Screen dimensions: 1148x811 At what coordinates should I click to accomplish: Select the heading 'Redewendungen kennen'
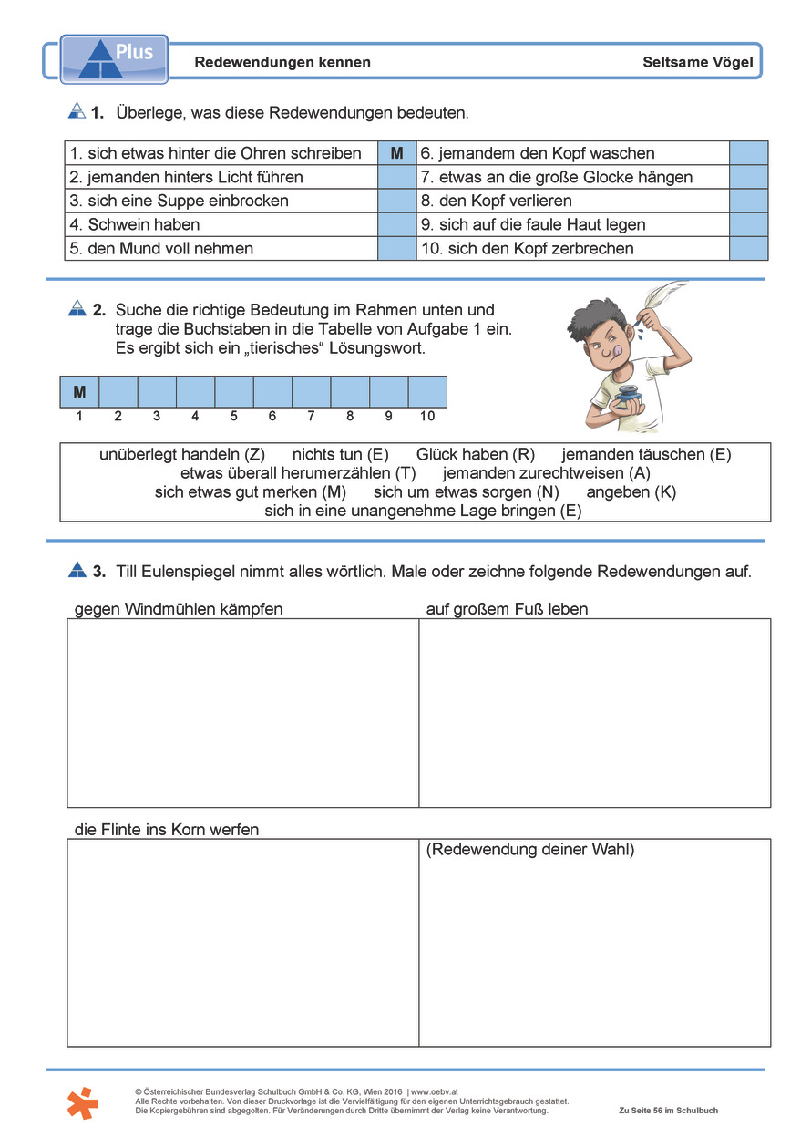[x=282, y=63]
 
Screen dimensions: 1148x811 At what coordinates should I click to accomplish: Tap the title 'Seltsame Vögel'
[x=697, y=63]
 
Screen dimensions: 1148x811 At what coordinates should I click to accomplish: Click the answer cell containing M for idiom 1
[x=396, y=153]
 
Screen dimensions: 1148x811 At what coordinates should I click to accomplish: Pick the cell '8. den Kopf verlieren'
[x=573, y=201]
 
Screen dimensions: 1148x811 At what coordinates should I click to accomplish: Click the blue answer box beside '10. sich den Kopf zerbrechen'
[x=749, y=248]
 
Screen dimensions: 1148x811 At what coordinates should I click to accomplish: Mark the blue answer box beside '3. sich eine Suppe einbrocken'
[x=396, y=201]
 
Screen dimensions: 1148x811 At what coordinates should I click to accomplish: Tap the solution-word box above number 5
[x=234, y=392]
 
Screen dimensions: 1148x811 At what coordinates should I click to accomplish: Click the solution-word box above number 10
[x=427, y=392]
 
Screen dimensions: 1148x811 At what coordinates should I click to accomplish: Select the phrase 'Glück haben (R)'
[x=476, y=454]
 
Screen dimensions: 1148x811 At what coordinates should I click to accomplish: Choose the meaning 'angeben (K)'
[x=631, y=492]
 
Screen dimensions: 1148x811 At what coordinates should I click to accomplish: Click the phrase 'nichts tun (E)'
[x=341, y=454]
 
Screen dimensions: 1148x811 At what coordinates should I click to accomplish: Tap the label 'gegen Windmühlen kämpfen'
[x=179, y=609]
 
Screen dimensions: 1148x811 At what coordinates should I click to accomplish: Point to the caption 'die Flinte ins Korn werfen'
[x=167, y=830]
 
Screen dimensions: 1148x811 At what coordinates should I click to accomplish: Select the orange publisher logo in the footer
[x=82, y=1102]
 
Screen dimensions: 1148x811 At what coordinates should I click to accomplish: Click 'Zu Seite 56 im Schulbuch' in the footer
[x=668, y=1111]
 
